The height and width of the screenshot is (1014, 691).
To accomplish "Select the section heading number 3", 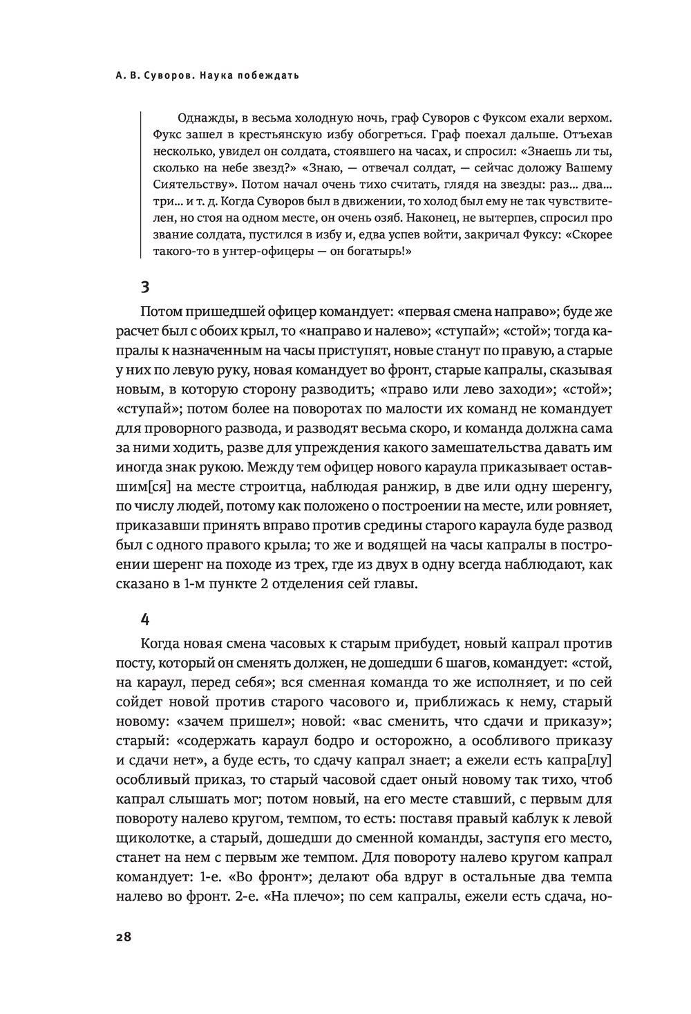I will coord(144,287).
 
